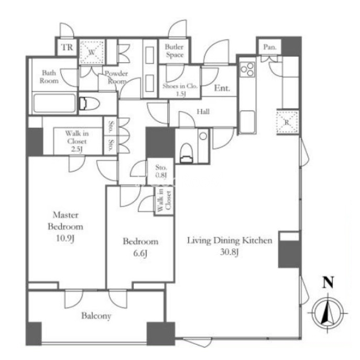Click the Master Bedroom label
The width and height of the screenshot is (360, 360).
click(66, 226)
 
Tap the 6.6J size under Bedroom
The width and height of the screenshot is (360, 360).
click(140, 254)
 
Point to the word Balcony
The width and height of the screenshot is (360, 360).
click(96, 316)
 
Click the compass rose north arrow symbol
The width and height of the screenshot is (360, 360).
click(328, 313)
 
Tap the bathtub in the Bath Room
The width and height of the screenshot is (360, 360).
click(54, 103)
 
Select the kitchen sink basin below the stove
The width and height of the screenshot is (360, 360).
click(247, 122)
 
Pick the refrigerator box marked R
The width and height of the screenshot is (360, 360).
click(287, 122)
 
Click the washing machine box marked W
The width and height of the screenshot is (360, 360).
click(92, 52)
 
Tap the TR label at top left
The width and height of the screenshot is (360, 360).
click(67, 47)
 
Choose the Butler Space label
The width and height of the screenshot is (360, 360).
click(174, 51)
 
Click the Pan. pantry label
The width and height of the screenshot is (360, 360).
click(269, 47)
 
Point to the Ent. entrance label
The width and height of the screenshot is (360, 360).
click(222, 88)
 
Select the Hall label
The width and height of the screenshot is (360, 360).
click(203, 112)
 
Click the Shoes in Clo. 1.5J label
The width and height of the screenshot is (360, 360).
click(180, 90)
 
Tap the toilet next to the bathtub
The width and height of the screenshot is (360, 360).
click(90, 104)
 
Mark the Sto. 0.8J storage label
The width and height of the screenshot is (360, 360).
click(161, 171)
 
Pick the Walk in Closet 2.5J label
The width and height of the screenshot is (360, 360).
click(77, 141)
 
